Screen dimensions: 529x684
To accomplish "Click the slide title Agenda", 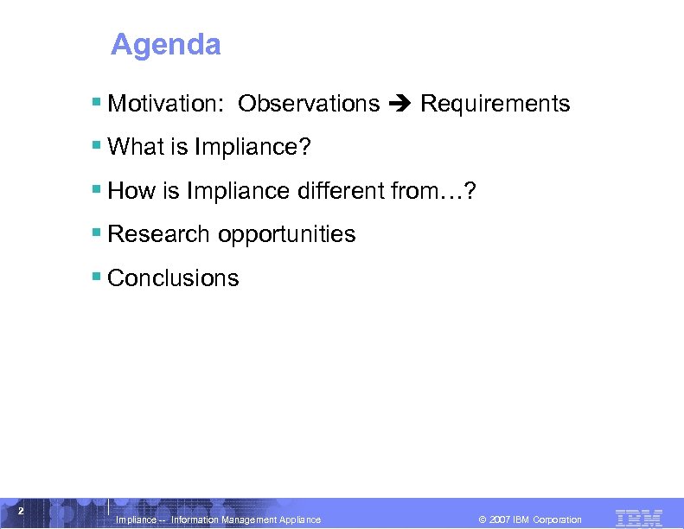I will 166,44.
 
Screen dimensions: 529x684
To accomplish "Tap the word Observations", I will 309,104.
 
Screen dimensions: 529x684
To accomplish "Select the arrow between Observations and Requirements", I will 400,105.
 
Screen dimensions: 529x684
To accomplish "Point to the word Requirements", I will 495,104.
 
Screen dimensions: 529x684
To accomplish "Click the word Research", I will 159,234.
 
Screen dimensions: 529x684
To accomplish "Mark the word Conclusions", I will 173,277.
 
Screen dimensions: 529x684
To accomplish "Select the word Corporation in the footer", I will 557,519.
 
